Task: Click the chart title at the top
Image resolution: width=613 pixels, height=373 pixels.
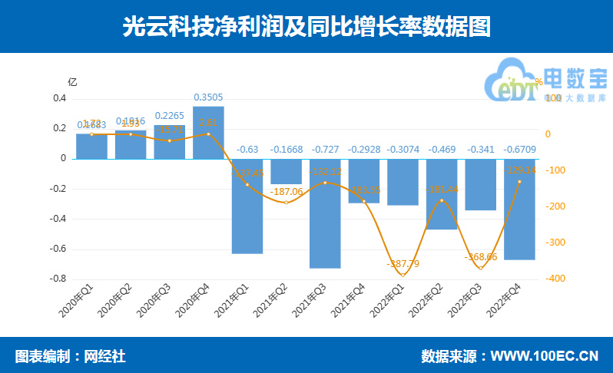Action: point(306,26)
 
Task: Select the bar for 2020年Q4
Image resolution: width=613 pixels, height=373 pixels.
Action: point(208,133)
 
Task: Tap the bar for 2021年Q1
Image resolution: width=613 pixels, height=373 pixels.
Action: point(247,206)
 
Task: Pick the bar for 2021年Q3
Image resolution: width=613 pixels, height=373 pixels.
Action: point(325,213)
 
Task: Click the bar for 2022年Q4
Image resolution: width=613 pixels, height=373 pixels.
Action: point(519,209)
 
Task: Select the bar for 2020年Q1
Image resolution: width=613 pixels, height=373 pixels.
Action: point(91,146)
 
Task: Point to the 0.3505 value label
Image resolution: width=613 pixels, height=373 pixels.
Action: point(208,97)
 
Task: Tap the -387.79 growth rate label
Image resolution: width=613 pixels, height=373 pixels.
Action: point(403,264)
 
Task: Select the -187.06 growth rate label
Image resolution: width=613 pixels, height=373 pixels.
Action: point(287,192)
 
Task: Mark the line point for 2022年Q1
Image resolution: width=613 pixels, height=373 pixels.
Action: point(403,274)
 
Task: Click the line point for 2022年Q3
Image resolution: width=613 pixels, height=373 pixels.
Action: point(481,268)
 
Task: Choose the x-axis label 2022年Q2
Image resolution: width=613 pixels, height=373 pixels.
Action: point(430,301)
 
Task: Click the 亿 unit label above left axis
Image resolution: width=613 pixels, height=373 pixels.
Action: point(73,81)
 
